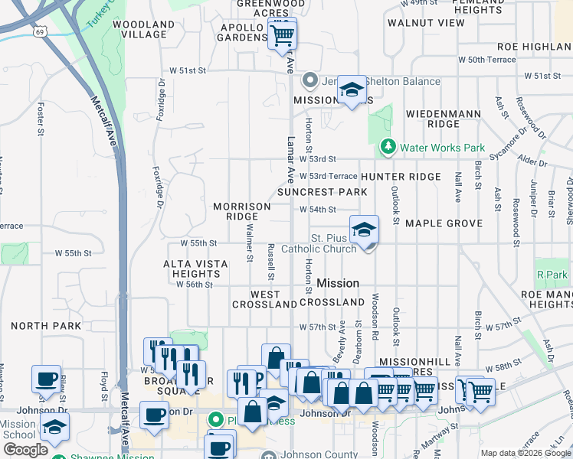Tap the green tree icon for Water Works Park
[x=388, y=146]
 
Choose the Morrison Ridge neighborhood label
[x=242, y=211]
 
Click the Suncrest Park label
[x=323, y=191]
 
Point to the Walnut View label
[x=426, y=23]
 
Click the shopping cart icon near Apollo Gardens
[x=283, y=35]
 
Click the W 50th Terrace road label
[x=486, y=59]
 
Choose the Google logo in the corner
[x=25, y=450]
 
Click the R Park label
[x=552, y=275]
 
